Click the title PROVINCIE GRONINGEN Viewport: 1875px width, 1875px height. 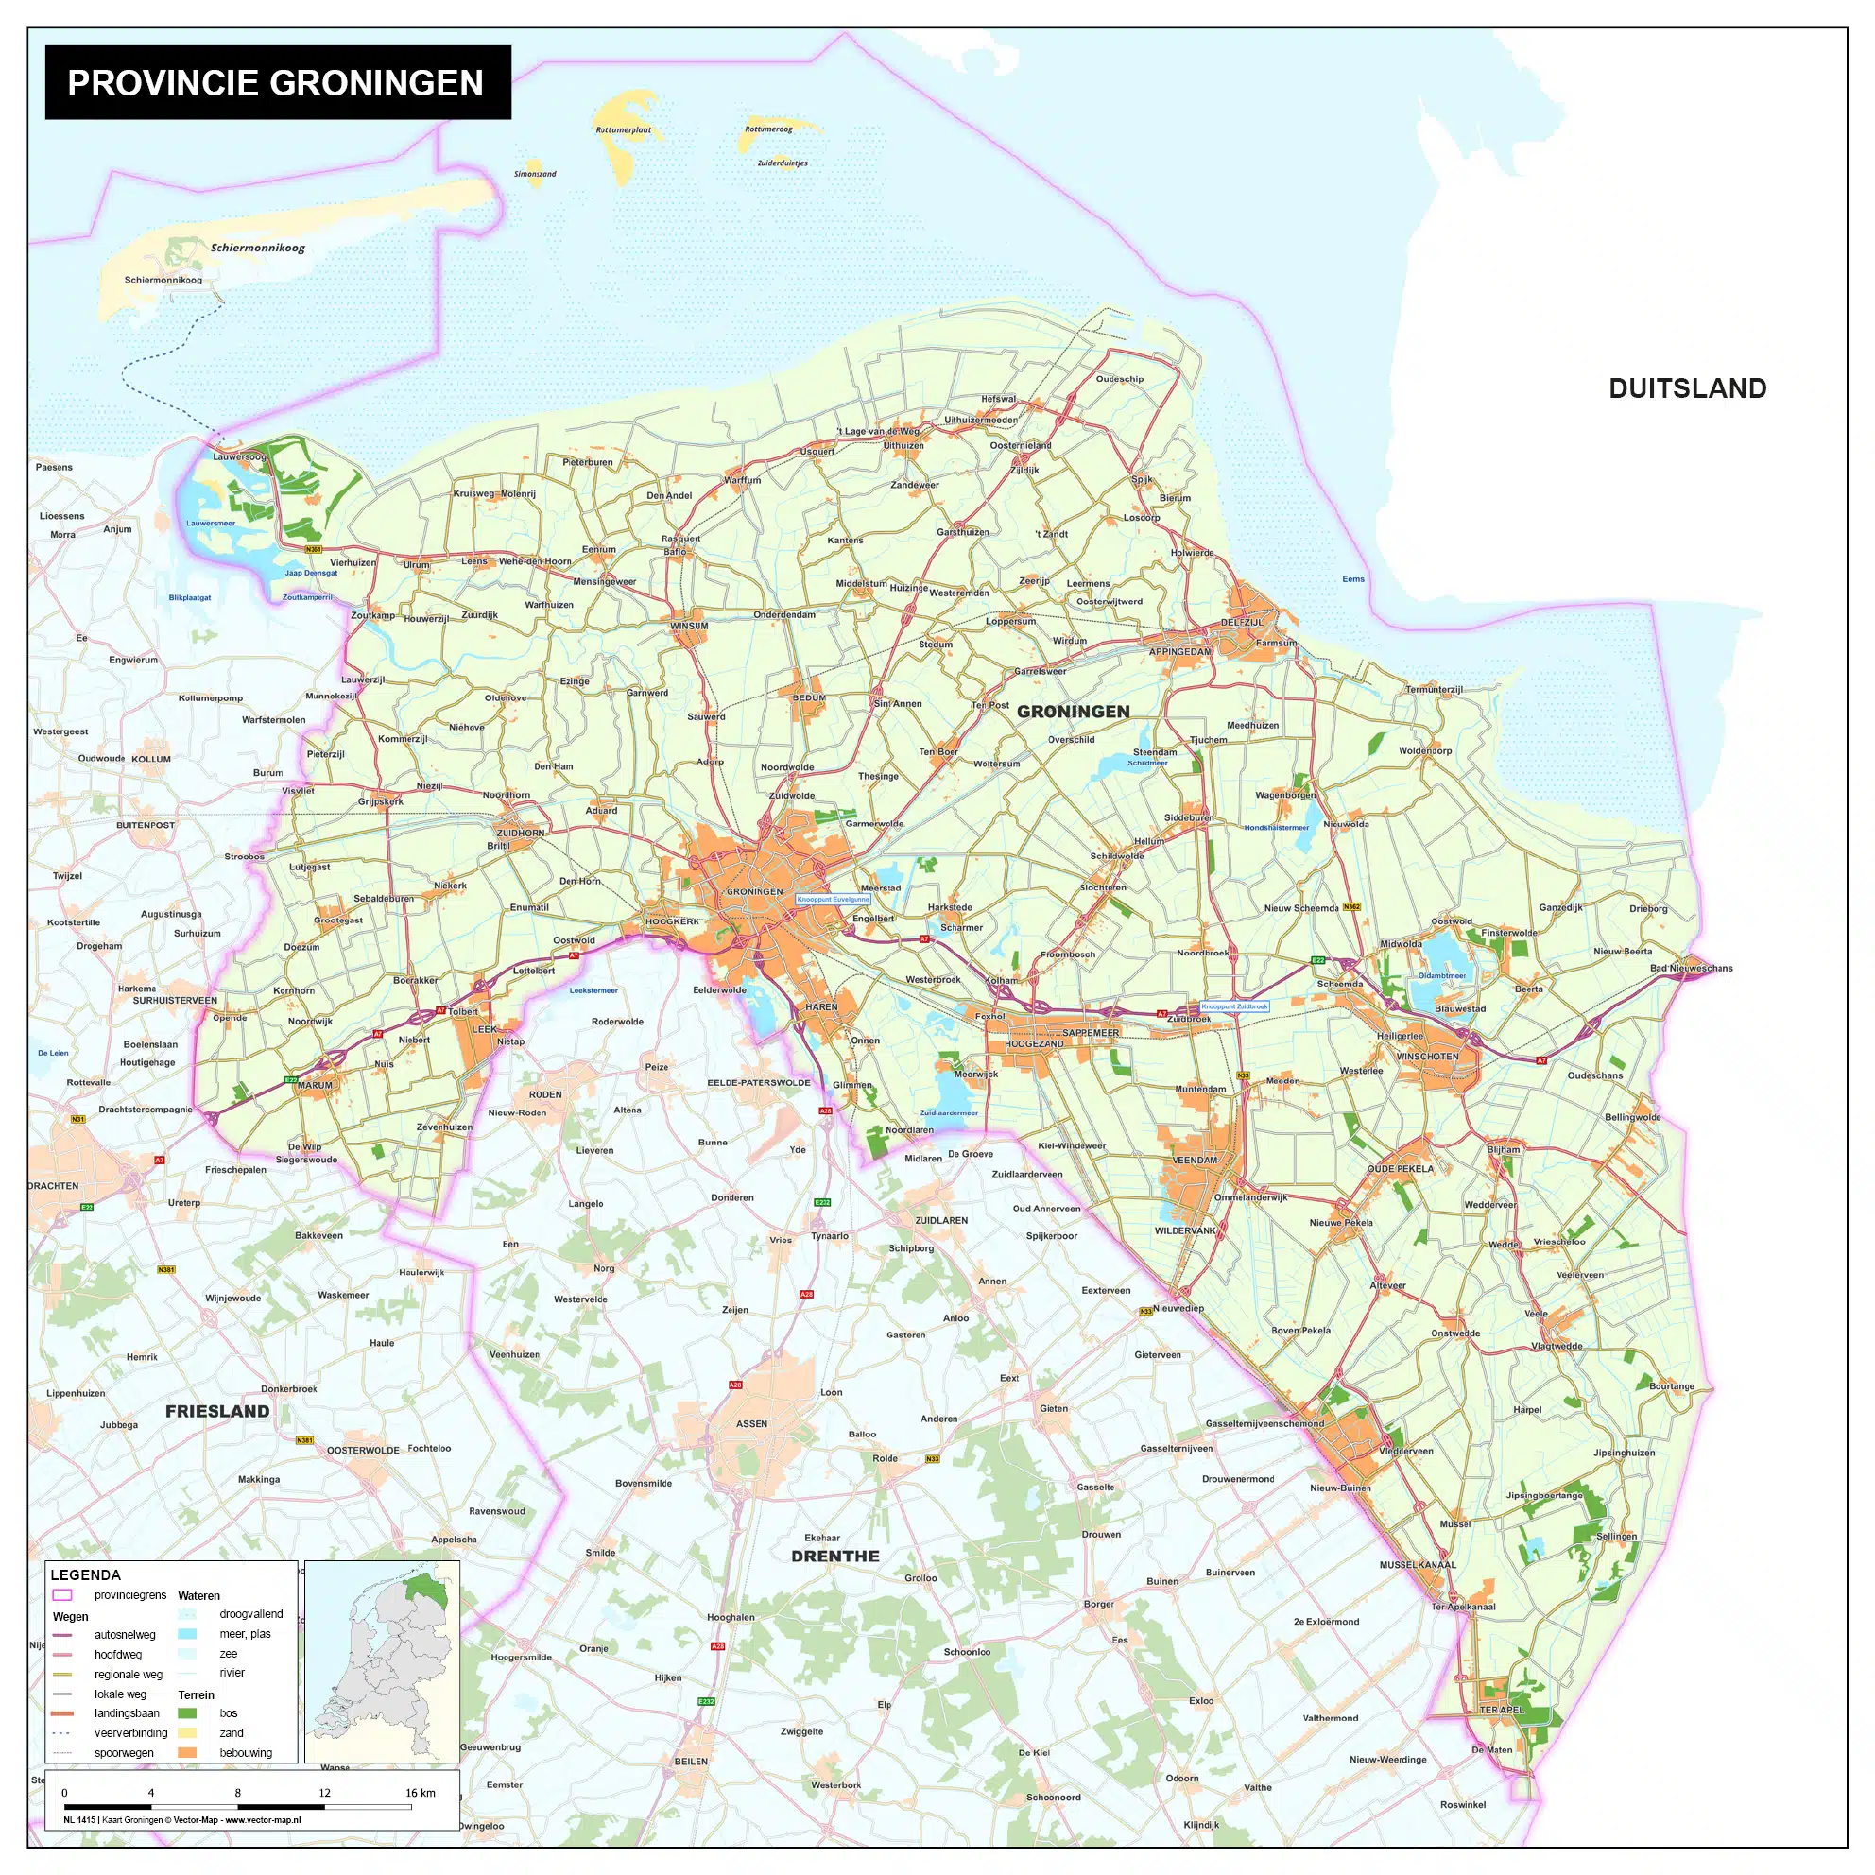point(276,82)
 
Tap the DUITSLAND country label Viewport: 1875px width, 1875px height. point(1687,388)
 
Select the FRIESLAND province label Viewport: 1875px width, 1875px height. point(217,1411)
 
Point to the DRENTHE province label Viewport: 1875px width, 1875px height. point(834,1556)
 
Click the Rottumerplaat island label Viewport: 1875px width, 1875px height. point(623,130)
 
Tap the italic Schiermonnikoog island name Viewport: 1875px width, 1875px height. point(258,248)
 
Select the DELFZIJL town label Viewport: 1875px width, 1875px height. point(1241,622)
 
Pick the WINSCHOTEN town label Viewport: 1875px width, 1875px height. point(1427,1056)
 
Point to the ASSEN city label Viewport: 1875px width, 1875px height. point(751,1423)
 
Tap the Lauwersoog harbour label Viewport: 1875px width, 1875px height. point(239,456)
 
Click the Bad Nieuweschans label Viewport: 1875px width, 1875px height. point(1691,968)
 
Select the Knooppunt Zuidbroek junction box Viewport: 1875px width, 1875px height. point(1234,1006)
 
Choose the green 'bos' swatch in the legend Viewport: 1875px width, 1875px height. point(187,1713)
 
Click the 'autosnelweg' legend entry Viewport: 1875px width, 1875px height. point(124,1634)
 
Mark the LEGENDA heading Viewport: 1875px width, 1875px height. point(85,1575)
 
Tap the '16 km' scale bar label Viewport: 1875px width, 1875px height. point(420,1793)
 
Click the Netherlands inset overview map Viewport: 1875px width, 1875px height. point(383,1660)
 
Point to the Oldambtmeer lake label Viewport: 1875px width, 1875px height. point(1442,975)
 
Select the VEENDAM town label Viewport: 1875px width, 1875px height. point(1195,1160)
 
